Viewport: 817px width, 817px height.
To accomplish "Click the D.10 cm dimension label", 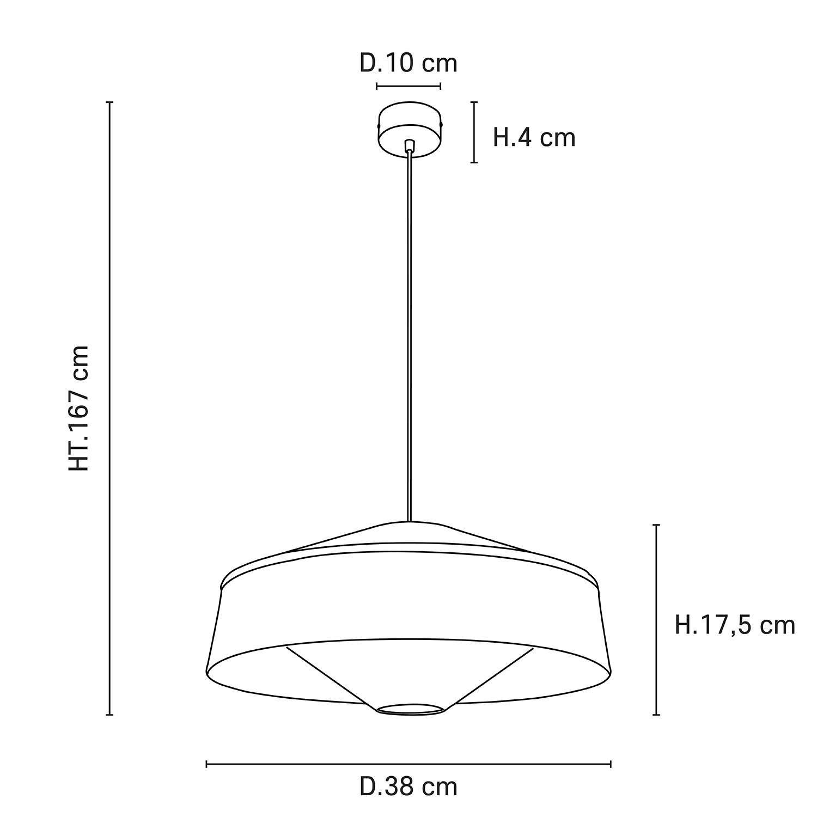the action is (x=408, y=64).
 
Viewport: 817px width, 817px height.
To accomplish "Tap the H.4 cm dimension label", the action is (x=534, y=137).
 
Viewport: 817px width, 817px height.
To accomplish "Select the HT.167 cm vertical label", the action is (x=79, y=408).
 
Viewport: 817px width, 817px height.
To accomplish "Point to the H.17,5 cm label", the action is (x=735, y=625).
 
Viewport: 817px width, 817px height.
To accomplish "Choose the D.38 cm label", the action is (x=408, y=786).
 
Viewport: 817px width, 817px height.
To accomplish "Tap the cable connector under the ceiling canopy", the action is (x=410, y=145).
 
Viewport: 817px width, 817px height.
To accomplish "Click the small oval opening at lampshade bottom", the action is (x=410, y=708).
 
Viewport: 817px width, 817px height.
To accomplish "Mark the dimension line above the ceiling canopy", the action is (x=408, y=86).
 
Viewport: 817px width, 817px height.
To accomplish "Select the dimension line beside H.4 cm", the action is (x=474, y=132).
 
